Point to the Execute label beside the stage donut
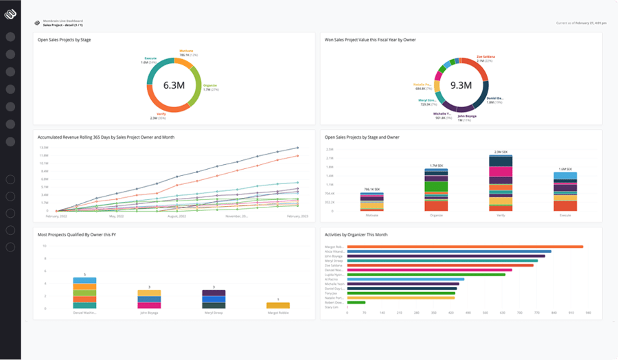pyautogui.click(x=150, y=58)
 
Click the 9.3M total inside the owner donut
pyautogui.click(x=460, y=85)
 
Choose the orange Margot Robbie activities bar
pyautogui.click(x=465, y=247)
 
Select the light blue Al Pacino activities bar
pyautogui.click(x=405, y=279)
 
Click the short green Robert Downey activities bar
pyautogui.click(x=356, y=302)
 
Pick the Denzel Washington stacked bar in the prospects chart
pyautogui.click(x=84, y=293)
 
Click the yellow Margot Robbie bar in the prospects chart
pyautogui.click(x=278, y=305)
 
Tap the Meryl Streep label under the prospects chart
pyautogui.click(x=214, y=312)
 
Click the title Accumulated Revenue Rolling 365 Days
pyautogui.click(x=106, y=137)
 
